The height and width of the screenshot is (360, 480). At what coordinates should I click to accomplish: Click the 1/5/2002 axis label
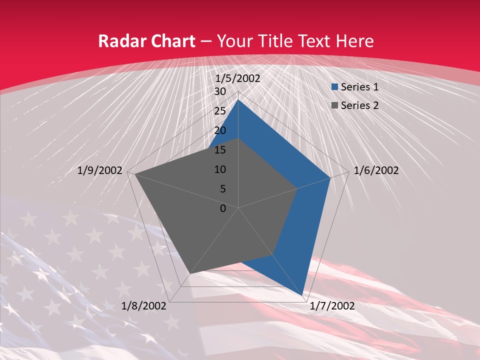[237, 78]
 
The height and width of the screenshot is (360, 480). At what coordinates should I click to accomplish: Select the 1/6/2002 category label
[376, 170]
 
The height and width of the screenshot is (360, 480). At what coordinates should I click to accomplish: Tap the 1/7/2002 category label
[332, 305]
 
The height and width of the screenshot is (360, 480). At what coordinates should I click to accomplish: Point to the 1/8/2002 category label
[144, 305]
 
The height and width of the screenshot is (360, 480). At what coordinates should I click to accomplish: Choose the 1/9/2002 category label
[100, 170]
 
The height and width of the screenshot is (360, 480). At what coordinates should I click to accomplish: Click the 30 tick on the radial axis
[220, 91]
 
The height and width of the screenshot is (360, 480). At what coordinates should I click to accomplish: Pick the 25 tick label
[220, 111]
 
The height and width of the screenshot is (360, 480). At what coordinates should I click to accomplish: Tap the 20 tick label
[220, 130]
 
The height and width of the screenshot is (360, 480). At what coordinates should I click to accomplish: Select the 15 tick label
[220, 150]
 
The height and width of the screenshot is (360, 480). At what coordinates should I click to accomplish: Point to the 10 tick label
[220, 169]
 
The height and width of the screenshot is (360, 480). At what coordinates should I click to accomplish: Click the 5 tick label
[222, 189]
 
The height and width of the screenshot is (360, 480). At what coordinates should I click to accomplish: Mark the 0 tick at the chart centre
[223, 208]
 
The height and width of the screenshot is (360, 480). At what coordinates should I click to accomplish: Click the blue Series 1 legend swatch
[334, 87]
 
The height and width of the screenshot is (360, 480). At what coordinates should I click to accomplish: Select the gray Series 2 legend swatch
[334, 105]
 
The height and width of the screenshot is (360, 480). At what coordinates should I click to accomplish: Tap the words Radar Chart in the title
[146, 41]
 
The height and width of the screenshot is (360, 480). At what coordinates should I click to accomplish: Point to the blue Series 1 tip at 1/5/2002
[238, 100]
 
